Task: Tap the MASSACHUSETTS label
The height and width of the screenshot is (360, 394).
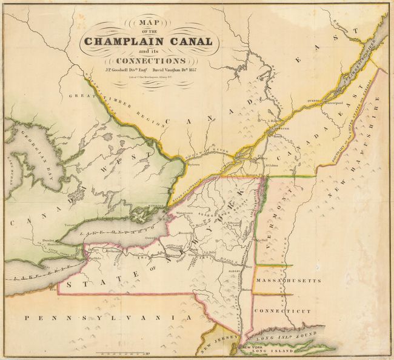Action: coord(287,282)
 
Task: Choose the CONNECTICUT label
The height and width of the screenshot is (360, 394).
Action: coord(283,311)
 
